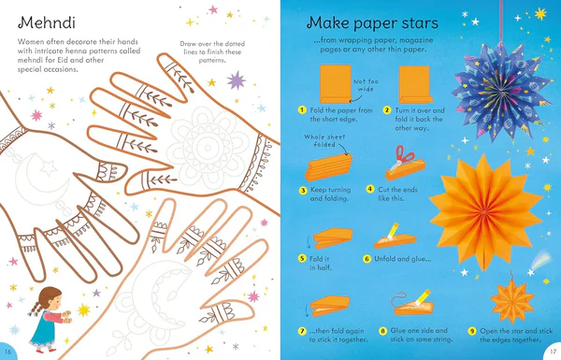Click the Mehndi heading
47,22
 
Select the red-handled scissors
403,158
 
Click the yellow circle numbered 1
302,109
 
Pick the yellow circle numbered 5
302,258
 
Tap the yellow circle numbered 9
472,331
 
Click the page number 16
7,352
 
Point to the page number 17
554,352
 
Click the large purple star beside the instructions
237,80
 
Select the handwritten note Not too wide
366,85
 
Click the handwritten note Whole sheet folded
324,140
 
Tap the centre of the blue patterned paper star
502,94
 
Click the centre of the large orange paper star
483,212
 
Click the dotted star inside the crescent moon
49,167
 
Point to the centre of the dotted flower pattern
208,148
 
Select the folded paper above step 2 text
415,84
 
